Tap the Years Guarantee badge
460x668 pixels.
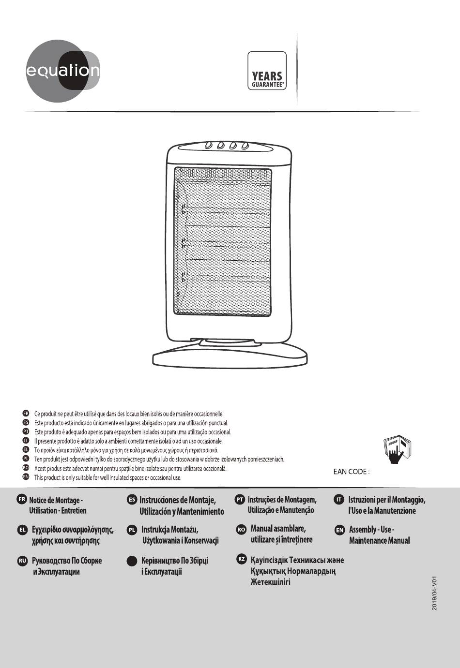coord(267,72)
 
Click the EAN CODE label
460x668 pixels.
coord(352,471)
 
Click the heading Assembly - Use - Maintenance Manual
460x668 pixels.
coord(379,534)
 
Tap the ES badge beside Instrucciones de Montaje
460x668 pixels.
coord(132,499)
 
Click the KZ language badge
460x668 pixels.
coord(241,559)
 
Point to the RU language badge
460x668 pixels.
coord(22,560)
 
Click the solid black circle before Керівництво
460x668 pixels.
coord(132,561)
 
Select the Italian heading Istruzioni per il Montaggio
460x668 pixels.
coord(386,505)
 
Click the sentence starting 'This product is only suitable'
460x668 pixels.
coord(107,478)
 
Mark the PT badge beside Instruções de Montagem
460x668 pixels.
coord(240,499)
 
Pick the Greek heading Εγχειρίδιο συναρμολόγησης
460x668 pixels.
coord(72,534)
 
